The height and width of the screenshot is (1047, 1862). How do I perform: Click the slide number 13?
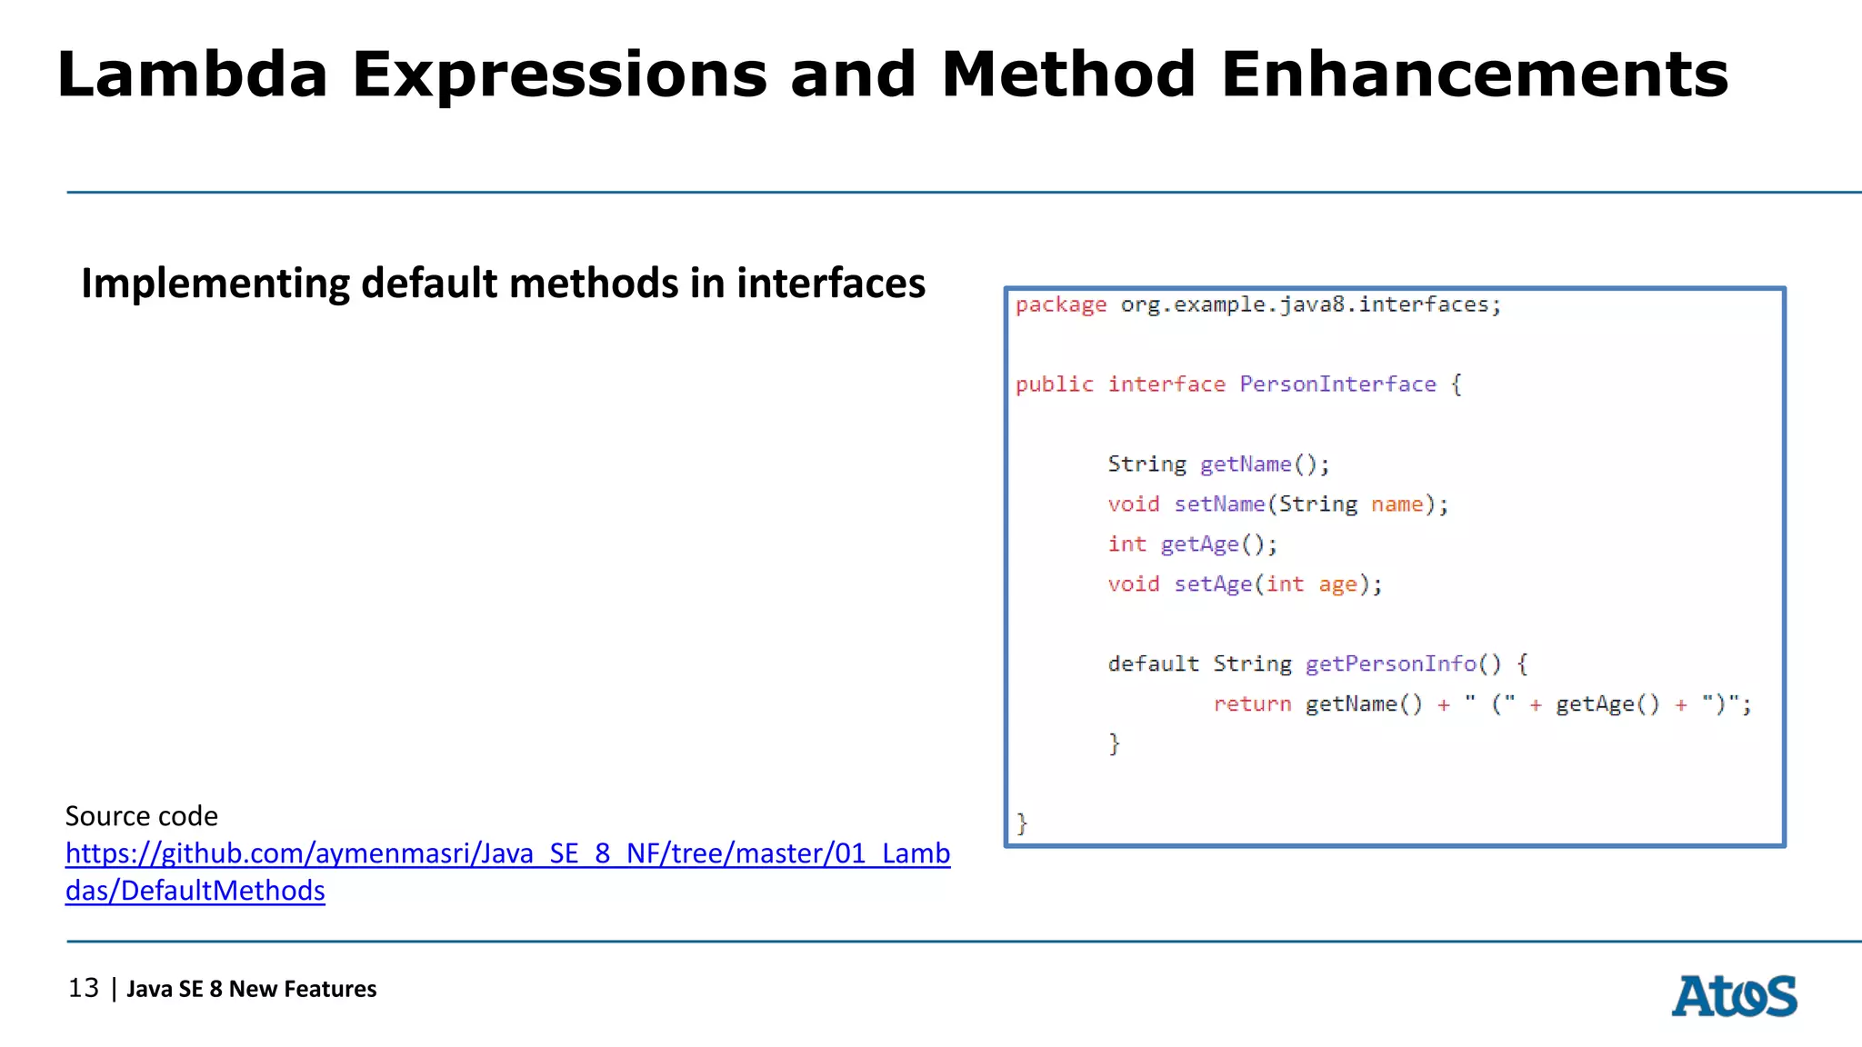coord(84,988)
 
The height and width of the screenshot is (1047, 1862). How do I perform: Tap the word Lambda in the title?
coord(192,75)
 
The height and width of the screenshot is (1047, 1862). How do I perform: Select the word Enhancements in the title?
coord(1474,75)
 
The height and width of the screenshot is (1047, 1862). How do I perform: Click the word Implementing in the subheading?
coord(215,284)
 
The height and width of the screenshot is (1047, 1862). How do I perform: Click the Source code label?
coord(141,816)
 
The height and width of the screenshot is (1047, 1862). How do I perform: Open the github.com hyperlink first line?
coord(507,853)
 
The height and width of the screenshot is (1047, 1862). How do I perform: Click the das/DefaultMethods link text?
coord(195,891)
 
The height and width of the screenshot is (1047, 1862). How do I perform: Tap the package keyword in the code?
coord(1061,305)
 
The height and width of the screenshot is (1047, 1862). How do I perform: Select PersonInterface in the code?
coord(1337,384)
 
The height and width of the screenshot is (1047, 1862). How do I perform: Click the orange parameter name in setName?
coord(1396,504)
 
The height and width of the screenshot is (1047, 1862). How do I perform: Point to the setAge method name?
coord(1212,584)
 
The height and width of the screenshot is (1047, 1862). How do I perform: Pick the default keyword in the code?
coord(1153,664)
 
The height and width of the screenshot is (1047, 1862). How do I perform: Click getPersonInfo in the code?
coord(1390,664)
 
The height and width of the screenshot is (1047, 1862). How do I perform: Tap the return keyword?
coord(1252,704)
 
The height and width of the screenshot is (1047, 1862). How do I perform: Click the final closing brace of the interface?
coord(1022,823)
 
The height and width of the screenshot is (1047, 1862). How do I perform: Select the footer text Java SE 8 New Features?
coord(251,989)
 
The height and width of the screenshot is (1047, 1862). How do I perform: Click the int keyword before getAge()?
coord(1126,544)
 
